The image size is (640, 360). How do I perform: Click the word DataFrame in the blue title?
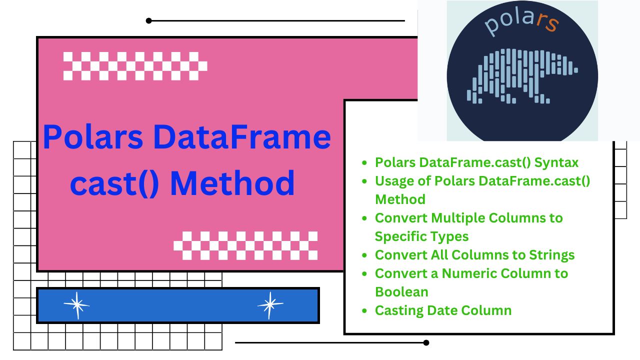(x=242, y=137)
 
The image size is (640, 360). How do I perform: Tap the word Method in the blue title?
(x=232, y=183)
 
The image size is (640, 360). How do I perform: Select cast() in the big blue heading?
(x=114, y=183)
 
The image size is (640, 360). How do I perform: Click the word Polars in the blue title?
(x=93, y=137)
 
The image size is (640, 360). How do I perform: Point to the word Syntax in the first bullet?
(x=556, y=163)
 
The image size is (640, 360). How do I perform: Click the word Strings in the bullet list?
(x=551, y=255)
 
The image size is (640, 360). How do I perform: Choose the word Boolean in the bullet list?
(x=401, y=292)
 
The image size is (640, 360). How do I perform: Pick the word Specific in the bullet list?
(x=400, y=237)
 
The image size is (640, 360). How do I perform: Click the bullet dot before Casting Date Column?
(x=364, y=310)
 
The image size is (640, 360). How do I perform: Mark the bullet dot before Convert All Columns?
(x=364, y=255)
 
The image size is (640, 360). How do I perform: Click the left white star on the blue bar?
(x=76, y=305)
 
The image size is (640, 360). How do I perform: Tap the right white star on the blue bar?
(x=270, y=305)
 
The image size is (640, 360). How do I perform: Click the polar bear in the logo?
(x=521, y=76)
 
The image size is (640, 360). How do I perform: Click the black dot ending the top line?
(x=148, y=20)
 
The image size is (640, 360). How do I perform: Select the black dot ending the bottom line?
(x=426, y=342)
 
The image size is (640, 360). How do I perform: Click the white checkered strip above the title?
(x=135, y=66)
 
